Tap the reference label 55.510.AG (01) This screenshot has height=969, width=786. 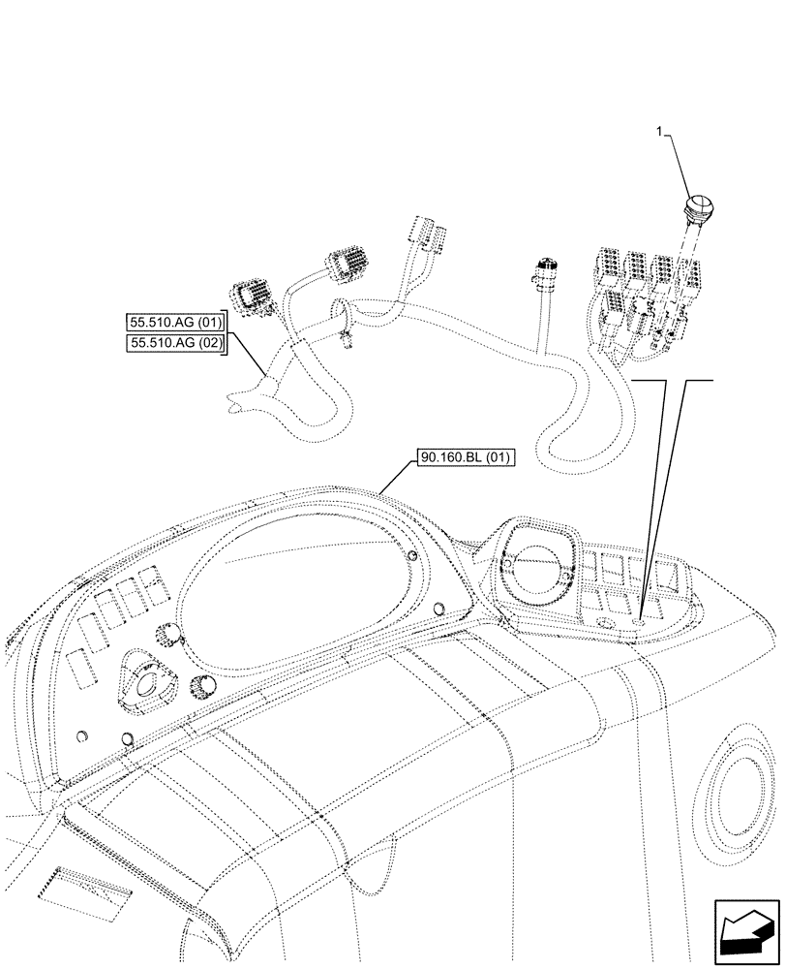pyautogui.click(x=175, y=323)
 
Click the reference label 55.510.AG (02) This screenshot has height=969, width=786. pyautogui.click(x=175, y=343)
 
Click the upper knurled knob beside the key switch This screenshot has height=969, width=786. pyautogui.click(x=171, y=635)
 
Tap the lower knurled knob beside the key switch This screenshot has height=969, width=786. pyautogui.click(x=204, y=686)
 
